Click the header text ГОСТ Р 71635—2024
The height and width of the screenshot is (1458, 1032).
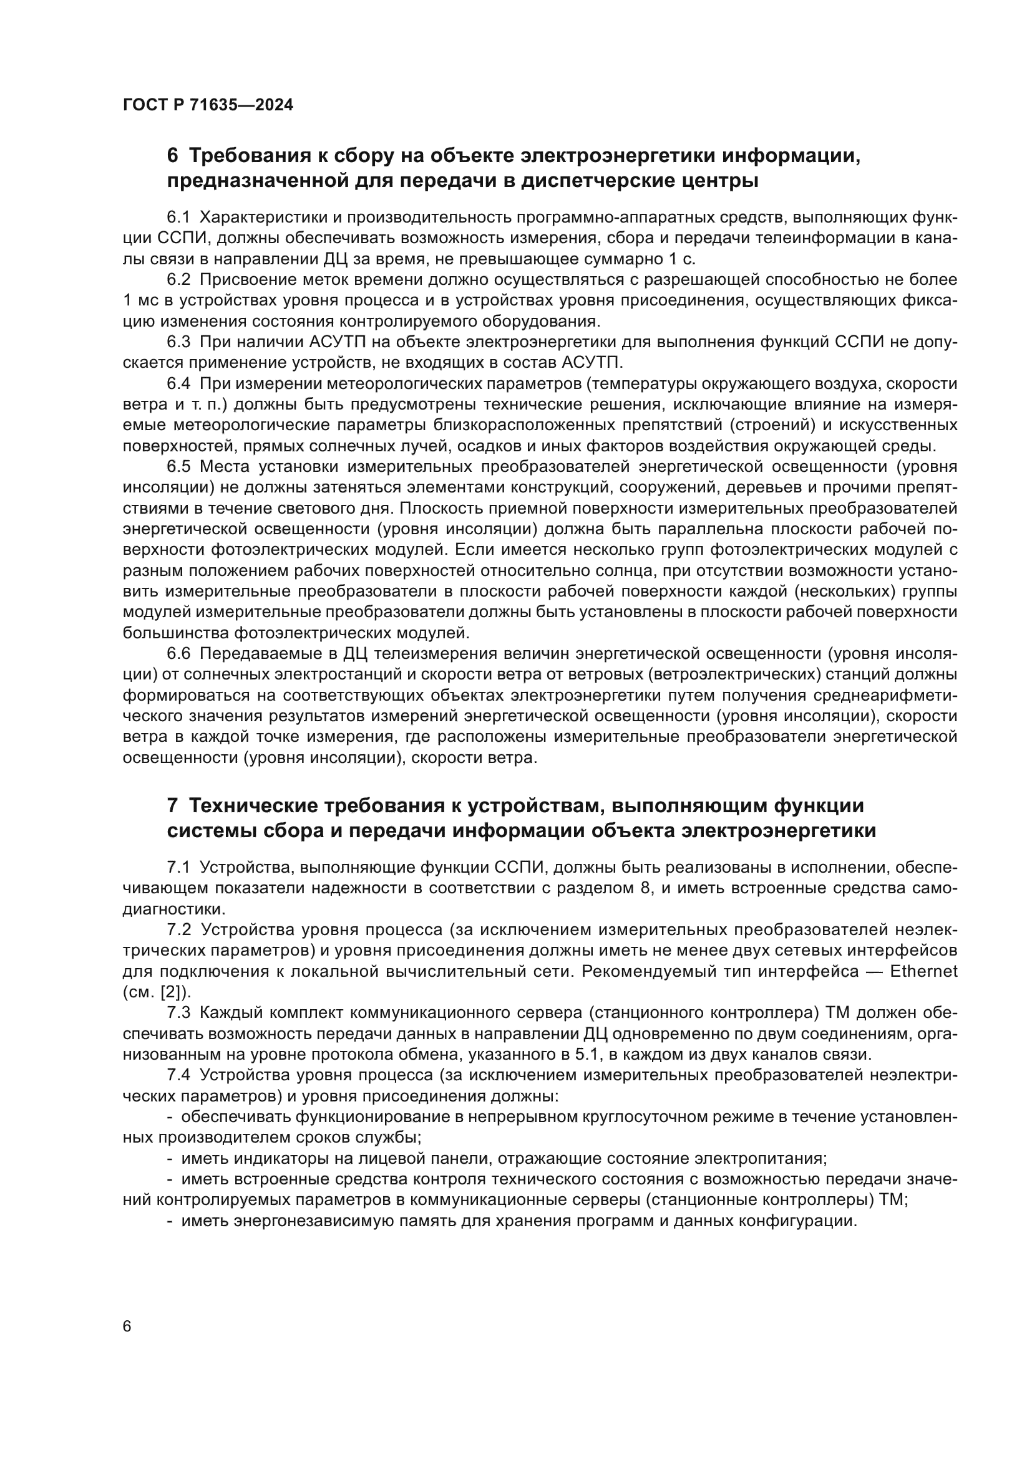tap(208, 105)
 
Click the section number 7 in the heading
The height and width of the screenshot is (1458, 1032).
tap(172, 806)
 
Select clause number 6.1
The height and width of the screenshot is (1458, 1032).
tap(178, 217)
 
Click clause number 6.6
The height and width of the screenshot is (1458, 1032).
tap(178, 653)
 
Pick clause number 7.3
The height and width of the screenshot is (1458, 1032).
tap(178, 1012)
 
